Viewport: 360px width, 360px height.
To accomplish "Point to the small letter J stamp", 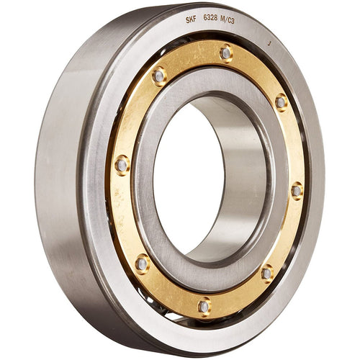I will coord(269,44).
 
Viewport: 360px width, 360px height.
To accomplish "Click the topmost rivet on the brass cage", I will coord(226,53).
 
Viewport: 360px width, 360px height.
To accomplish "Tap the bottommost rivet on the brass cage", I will coord(204,305).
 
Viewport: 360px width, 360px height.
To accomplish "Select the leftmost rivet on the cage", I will coord(122,165).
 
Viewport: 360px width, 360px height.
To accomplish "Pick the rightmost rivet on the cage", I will coord(296,191).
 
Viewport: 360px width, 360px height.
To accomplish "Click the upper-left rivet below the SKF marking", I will coord(159,75).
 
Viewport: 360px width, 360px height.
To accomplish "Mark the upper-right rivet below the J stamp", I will coord(280,102).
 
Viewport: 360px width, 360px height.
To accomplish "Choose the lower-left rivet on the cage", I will coord(143,264).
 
